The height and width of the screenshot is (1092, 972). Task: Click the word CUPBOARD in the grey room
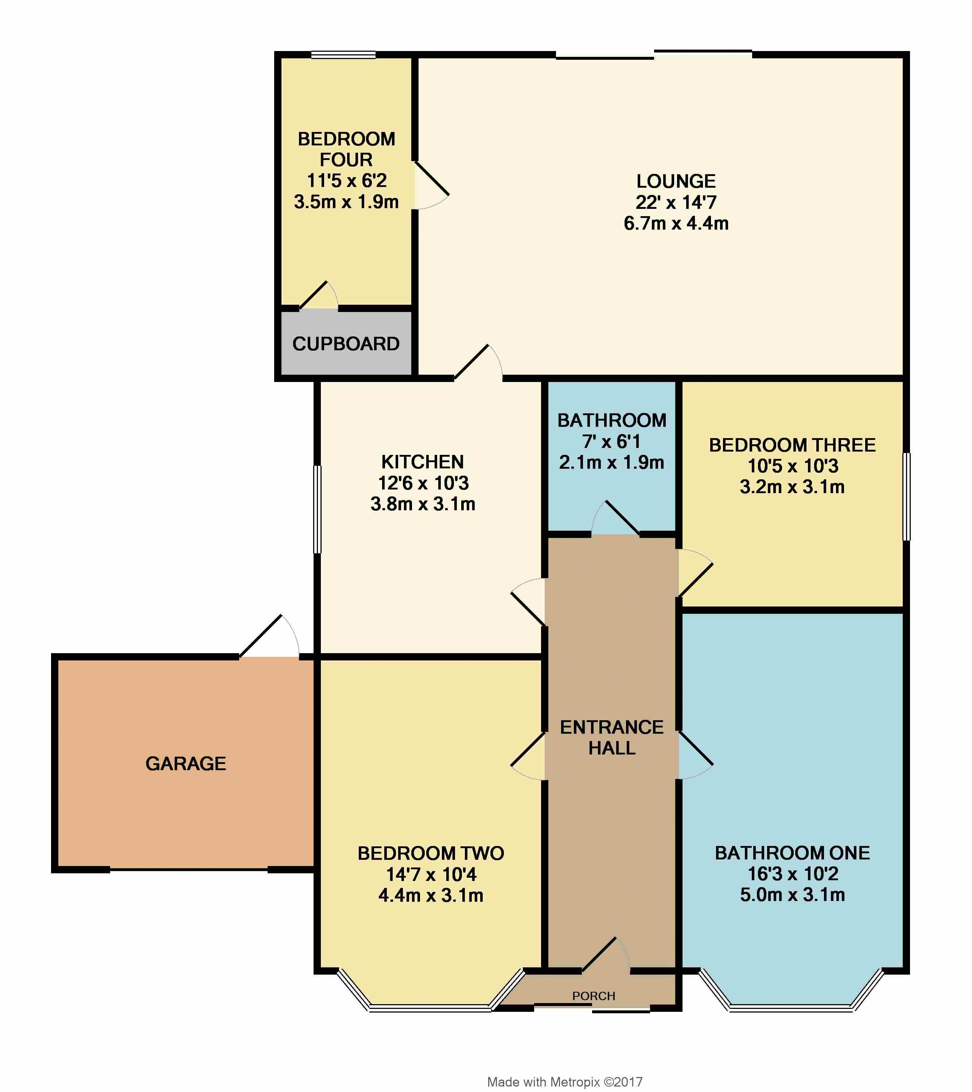point(346,343)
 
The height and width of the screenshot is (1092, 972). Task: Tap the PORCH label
point(594,996)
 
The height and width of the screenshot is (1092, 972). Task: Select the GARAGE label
point(186,764)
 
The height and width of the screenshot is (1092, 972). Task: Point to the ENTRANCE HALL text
point(612,737)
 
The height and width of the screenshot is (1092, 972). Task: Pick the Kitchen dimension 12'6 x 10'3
point(423,483)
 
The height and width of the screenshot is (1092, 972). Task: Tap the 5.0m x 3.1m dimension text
point(793,894)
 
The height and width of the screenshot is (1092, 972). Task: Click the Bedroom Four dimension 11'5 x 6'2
point(346,180)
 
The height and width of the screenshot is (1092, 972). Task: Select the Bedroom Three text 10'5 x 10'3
point(793,466)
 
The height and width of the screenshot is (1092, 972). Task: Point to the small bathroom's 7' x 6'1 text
point(611,441)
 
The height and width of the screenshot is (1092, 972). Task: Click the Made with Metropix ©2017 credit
point(565,1082)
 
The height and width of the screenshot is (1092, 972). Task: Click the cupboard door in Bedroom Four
point(319,295)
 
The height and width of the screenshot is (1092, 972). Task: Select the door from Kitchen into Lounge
point(478,362)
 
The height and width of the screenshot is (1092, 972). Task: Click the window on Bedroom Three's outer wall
point(906,497)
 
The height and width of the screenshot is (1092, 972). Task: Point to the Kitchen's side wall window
point(318,509)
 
